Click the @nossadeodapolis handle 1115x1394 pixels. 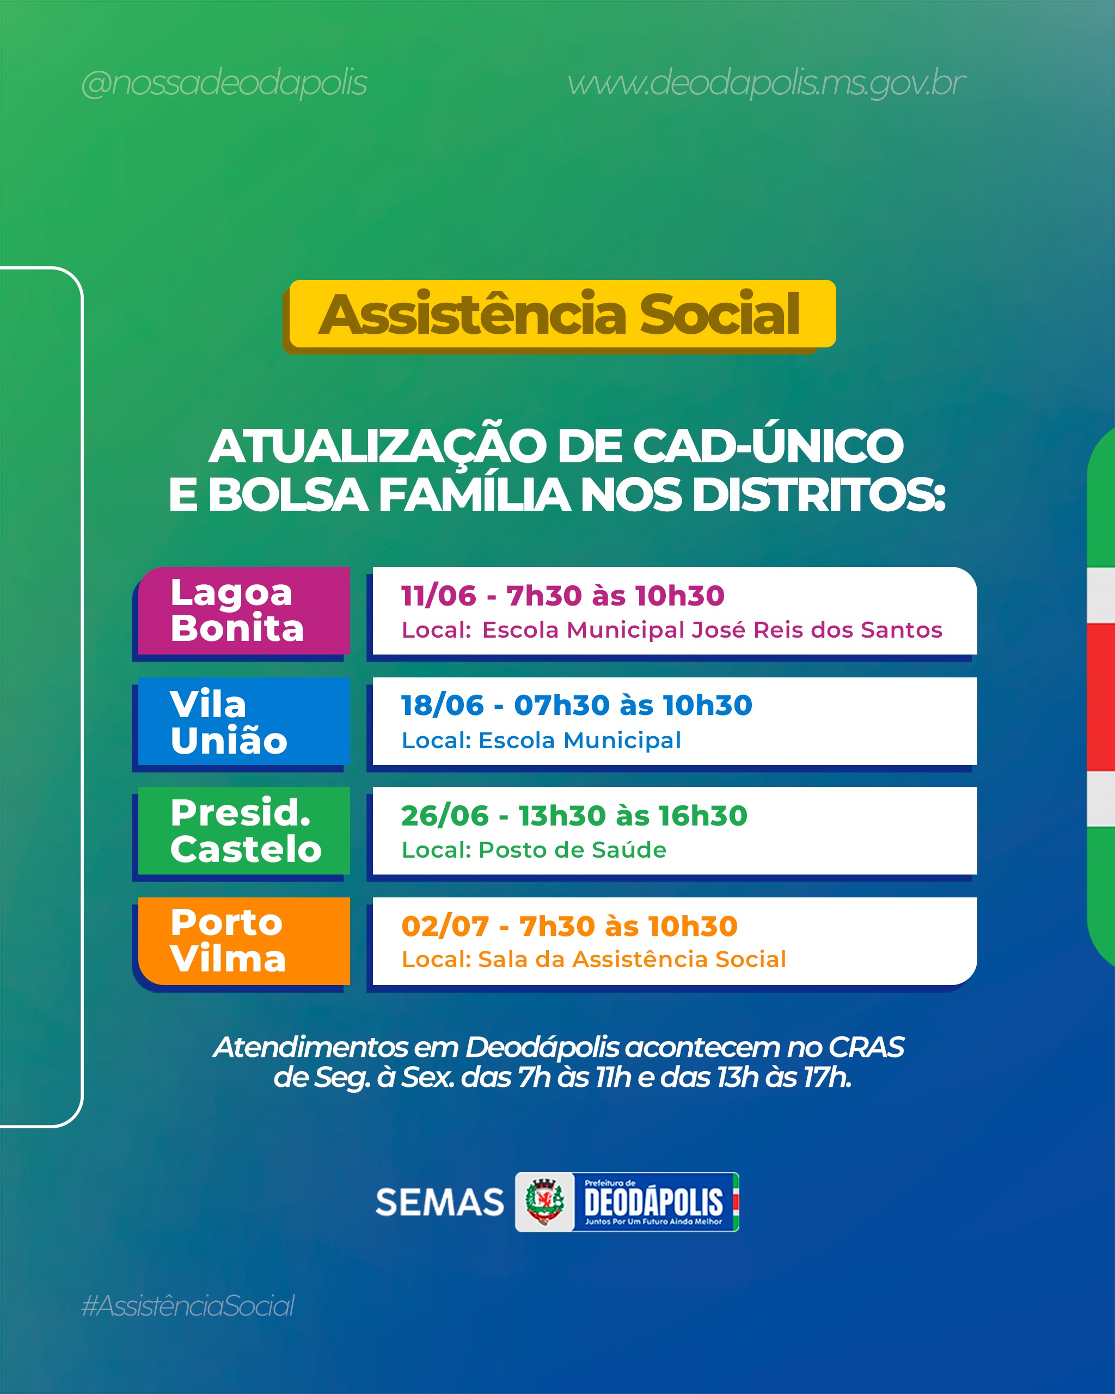pos(224,83)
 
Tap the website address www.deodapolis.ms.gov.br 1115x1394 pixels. pos(766,83)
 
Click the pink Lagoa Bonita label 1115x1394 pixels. pos(244,610)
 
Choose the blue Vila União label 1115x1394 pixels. pos(244,721)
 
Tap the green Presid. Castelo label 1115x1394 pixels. pos(244,831)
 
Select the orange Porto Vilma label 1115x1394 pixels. pos(244,941)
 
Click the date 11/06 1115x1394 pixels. pos(438,596)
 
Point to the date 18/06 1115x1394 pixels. pos(442,705)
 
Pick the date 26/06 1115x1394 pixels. pos(445,816)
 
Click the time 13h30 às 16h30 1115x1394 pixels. pos(633,816)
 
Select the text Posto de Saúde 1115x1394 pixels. pos(572,850)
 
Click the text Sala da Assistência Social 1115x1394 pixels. pos(632,959)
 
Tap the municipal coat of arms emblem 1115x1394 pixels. pos(545,1202)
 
